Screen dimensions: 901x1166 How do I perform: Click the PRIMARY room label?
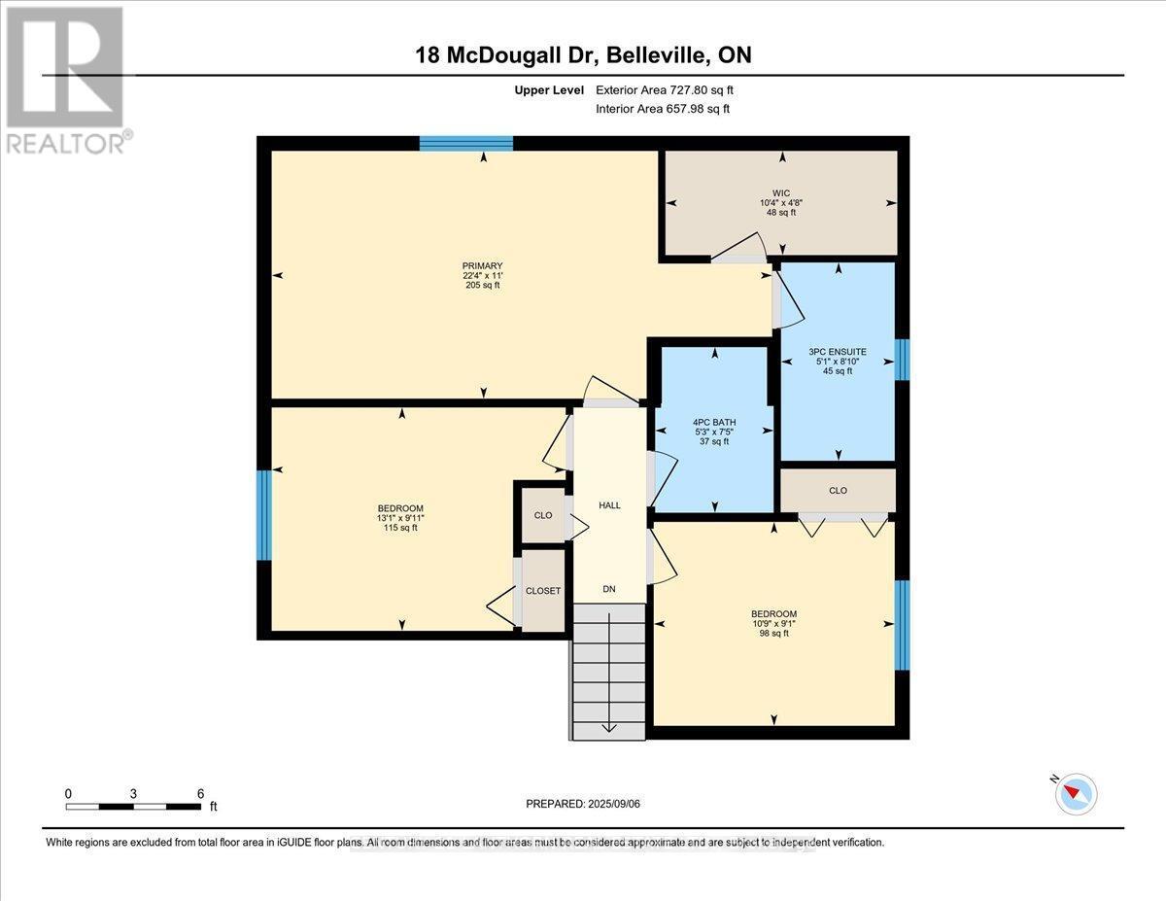coord(482,265)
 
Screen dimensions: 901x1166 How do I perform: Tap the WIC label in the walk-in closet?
coord(780,192)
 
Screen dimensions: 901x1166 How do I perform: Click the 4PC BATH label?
coord(714,422)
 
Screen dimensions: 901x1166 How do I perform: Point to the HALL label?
coord(609,505)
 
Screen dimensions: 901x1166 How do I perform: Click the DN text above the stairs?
coord(609,589)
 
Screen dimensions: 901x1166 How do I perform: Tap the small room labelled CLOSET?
coord(543,591)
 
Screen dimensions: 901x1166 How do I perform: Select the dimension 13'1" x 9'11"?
coord(400,518)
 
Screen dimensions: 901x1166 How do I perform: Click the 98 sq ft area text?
coord(773,634)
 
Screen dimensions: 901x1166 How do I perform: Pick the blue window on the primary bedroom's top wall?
coord(466,144)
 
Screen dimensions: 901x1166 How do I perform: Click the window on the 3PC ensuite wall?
coord(902,360)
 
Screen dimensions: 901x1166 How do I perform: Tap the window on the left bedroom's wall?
coord(263,515)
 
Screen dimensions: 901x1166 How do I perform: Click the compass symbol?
coord(1076,793)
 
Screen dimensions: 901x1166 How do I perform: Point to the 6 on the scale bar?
coord(200,793)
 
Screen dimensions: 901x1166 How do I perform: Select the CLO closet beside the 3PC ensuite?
coord(838,490)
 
